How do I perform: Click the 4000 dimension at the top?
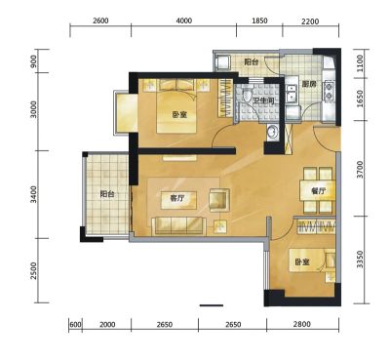coord(184,21)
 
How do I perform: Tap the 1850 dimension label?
coord(259,21)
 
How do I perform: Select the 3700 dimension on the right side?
coord(360,169)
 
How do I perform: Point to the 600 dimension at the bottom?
coord(75,325)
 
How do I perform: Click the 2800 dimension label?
coord(302,324)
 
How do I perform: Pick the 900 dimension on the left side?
coord(33,61)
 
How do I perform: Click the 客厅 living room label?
coord(177,198)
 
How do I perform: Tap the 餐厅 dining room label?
coord(318,191)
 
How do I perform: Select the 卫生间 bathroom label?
coord(263,101)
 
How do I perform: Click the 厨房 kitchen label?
coord(309,84)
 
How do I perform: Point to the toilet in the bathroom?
coord(246,94)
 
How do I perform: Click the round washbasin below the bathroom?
coord(272,132)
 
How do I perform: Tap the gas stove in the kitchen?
coord(328,92)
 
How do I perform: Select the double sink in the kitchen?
coord(291,93)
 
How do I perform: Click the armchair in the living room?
coord(219,200)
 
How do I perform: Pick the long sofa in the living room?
coord(179,225)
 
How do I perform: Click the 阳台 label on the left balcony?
coord(107,194)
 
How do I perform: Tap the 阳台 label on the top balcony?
coord(252,61)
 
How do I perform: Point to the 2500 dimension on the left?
coord(33,271)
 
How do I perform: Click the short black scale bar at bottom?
coord(212,305)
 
